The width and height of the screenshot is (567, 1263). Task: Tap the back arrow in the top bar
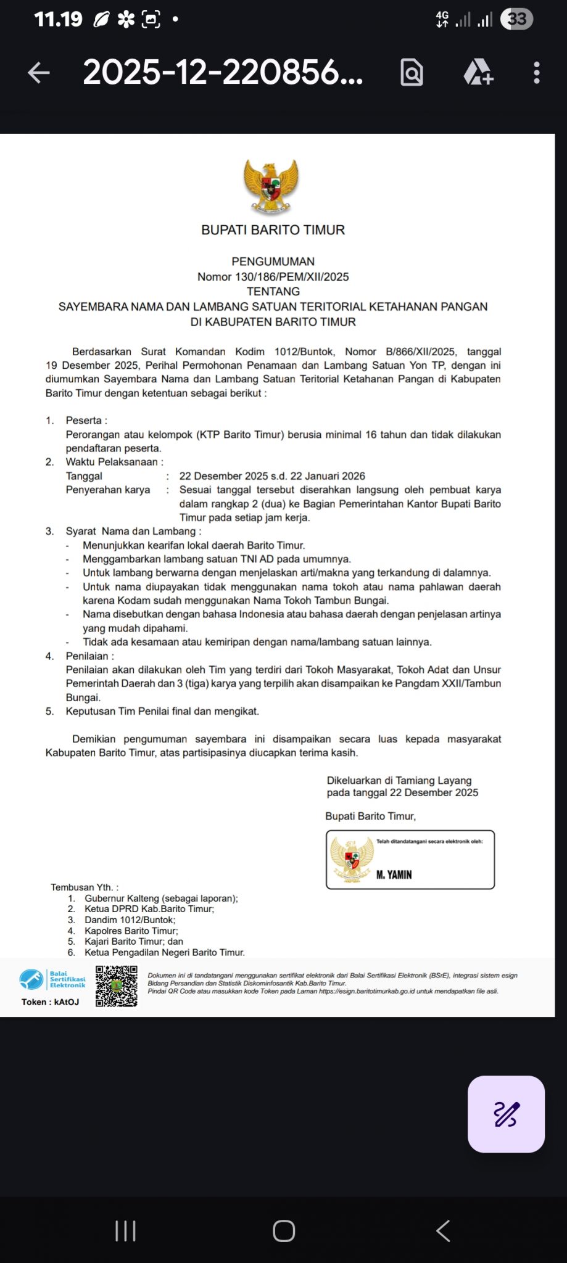(x=39, y=73)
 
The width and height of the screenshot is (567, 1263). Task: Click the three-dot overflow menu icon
(x=537, y=73)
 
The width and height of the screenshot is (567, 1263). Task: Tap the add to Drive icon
(x=478, y=73)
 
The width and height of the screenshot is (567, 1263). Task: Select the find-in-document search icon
(x=412, y=73)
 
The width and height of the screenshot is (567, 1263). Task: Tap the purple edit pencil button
(x=506, y=1114)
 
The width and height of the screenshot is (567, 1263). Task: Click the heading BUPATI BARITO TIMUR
(x=273, y=230)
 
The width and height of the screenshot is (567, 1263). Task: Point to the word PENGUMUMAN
(x=273, y=261)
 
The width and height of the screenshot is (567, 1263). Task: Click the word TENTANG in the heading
(x=273, y=292)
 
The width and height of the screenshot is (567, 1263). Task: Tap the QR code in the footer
(x=117, y=986)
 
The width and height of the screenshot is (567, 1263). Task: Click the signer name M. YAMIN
(x=394, y=874)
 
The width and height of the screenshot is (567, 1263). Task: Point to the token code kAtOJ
(x=67, y=1002)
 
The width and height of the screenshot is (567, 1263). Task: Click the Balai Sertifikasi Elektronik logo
(x=52, y=979)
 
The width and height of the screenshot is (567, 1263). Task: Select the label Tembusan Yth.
(x=85, y=887)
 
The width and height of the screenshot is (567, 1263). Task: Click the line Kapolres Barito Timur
(x=131, y=931)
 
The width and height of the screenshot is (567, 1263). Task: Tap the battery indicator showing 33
(x=516, y=19)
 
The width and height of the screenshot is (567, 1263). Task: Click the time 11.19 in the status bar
(x=58, y=19)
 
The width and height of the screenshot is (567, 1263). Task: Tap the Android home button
(x=284, y=1231)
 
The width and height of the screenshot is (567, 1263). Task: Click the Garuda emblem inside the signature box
(x=352, y=859)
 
